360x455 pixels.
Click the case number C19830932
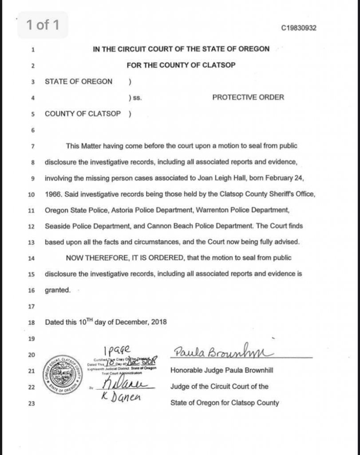point(299,28)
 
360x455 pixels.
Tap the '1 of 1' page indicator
point(43,25)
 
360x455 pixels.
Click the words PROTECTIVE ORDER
point(248,97)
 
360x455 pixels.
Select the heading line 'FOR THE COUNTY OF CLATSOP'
point(181,65)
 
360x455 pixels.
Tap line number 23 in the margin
point(32,403)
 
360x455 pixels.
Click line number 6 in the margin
point(32,130)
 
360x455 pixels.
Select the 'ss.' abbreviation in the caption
point(138,98)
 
